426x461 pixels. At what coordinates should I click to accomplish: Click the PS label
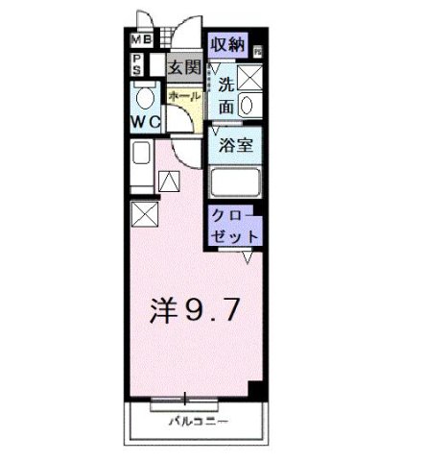pyautogui.click(x=137, y=64)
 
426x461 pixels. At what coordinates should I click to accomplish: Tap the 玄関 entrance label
pyautogui.click(x=183, y=67)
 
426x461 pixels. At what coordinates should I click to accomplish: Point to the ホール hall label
pyautogui.click(x=183, y=97)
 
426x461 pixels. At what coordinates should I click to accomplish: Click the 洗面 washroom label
pyautogui.click(x=226, y=95)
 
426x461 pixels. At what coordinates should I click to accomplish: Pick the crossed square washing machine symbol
pyautogui.click(x=252, y=77)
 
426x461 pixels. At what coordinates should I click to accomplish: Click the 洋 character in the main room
pyautogui.click(x=163, y=309)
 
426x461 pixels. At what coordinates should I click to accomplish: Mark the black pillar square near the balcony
pyautogui.click(x=255, y=390)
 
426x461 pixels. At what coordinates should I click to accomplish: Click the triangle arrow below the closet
pyautogui.click(x=247, y=255)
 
